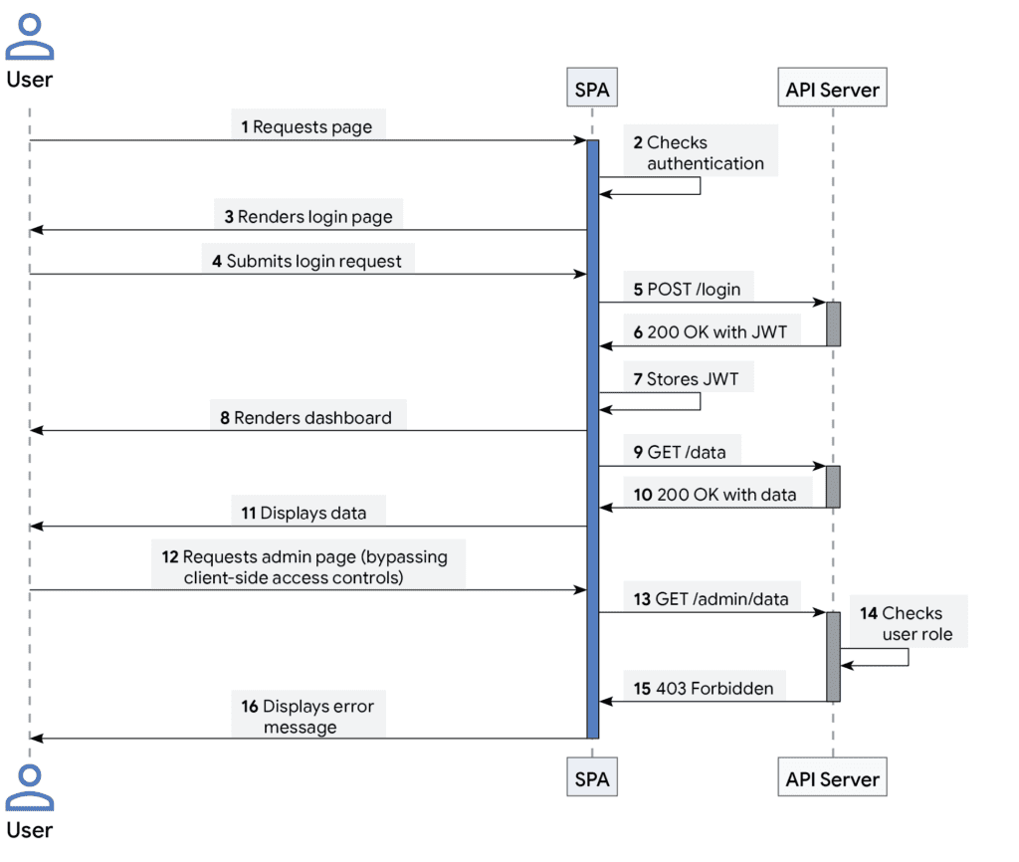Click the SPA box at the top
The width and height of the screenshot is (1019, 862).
(x=592, y=90)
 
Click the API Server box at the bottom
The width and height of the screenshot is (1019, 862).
(x=832, y=778)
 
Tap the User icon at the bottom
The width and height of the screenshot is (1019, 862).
(x=29, y=787)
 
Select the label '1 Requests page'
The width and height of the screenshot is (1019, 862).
(x=307, y=126)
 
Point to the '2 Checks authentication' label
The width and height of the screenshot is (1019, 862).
(x=700, y=152)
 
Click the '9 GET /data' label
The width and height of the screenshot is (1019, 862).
(x=680, y=452)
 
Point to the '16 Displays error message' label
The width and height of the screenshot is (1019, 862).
(x=308, y=717)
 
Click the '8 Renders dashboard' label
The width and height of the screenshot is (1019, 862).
(x=306, y=417)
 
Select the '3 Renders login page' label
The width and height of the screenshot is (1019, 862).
(x=308, y=216)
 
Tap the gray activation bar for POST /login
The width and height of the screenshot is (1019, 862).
(x=833, y=323)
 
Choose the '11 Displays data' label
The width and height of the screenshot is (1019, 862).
(x=305, y=514)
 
